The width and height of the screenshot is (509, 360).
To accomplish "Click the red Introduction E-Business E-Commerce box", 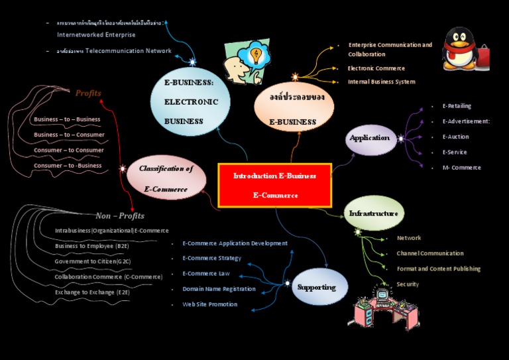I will [x=274, y=185].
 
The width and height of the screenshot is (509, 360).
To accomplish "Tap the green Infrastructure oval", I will [x=374, y=213].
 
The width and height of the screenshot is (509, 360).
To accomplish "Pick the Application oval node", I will [x=370, y=138].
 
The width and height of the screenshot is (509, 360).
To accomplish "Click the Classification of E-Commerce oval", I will [x=166, y=178].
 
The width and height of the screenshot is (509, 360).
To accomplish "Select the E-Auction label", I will [x=455, y=137].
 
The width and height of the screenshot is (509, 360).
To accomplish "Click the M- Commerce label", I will [x=461, y=168].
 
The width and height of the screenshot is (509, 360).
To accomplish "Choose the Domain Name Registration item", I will [x=219, y=289].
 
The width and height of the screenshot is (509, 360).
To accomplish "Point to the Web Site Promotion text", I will [x=209, y=304].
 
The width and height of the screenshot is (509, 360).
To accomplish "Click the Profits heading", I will [x=88, y=93].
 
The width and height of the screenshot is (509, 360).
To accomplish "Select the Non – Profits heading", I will [x=120, y=215].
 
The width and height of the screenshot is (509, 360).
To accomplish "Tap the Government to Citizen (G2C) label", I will [x=93, y=261].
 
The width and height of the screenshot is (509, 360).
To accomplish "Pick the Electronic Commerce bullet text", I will [x=376, y=68].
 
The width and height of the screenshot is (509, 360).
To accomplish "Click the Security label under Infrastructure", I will [x=408, y=284].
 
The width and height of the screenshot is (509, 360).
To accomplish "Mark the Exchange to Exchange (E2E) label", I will [x=92, y=292].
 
